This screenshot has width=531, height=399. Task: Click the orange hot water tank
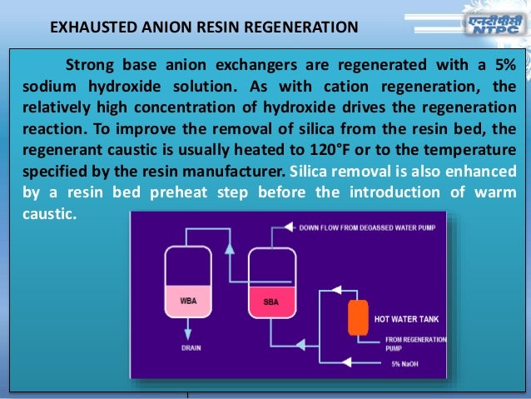tap(359, 317)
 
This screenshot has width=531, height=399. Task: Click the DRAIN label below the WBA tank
tap(191, 348)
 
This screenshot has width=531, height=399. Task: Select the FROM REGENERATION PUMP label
tap(414, 343)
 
